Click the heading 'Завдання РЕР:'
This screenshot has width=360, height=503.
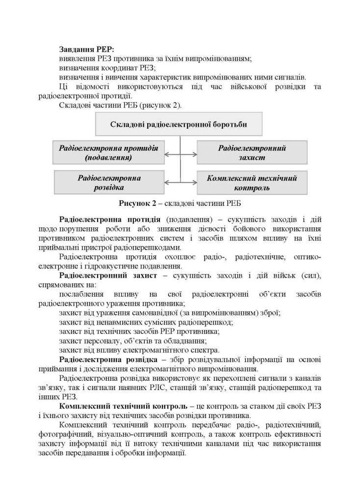pyautogui.click(x=86, y=49)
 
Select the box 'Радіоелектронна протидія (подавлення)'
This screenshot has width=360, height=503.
pyautogui.click(x=108, y=152)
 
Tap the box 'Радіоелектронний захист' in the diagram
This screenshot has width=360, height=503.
pyautogui.click(x=252, y=152)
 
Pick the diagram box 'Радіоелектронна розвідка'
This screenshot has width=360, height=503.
pyautogui.click(x=109, y=183)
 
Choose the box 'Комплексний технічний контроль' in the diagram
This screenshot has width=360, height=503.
pyautogui.click(x=252, y=183)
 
